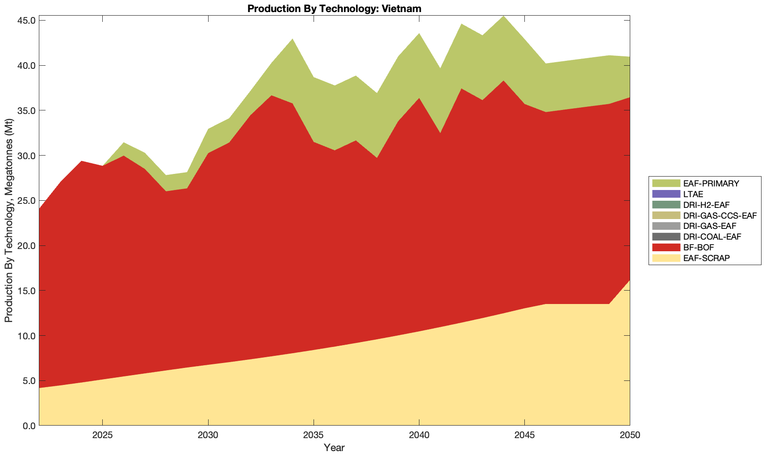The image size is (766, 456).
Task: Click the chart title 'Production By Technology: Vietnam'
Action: (334, 8)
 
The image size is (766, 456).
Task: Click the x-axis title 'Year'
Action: (334, 447)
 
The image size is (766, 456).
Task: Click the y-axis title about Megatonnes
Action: (8, 220)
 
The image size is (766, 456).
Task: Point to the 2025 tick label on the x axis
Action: (102, 436)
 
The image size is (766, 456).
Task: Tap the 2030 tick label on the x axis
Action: (208, 436)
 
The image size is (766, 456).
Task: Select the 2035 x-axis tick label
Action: (314, 436)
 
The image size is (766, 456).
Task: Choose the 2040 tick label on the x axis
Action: (419, 436)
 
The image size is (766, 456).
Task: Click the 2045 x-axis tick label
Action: (524, 436)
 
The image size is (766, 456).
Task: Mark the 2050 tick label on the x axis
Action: (630, 436)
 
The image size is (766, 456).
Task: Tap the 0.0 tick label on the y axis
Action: (29, 426)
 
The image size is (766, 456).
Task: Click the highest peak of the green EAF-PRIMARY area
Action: (503, 17)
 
